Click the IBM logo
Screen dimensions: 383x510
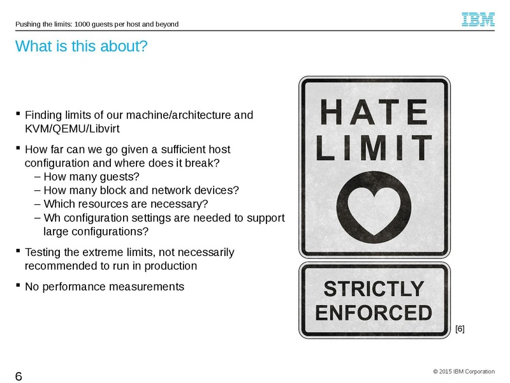pyautogui.click(x=478, y=20)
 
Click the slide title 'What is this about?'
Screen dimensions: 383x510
pyautogui.click(x=80, y=47)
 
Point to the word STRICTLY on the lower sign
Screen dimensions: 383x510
pyautogui.click(x=374, y=290)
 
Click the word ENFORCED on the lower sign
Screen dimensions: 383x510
pyautogui.click(x=374, y=313)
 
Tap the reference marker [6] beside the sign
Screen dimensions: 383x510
pyautogui.click(x=460, y=329)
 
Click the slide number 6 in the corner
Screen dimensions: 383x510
pyautogui.click(x=18, y=376)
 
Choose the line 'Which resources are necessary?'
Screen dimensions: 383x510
pyautogui.click(x=126, y=204)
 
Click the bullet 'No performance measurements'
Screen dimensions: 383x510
pyautogui.click(x=104, y=287)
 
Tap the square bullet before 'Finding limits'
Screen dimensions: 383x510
pyautogui.click(x=18, y=115)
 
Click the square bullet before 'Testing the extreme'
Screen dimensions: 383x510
pyautogui.click(x=18, y=252)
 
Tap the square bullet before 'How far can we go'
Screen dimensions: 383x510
pyautogui.click(x=18, y=149)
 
